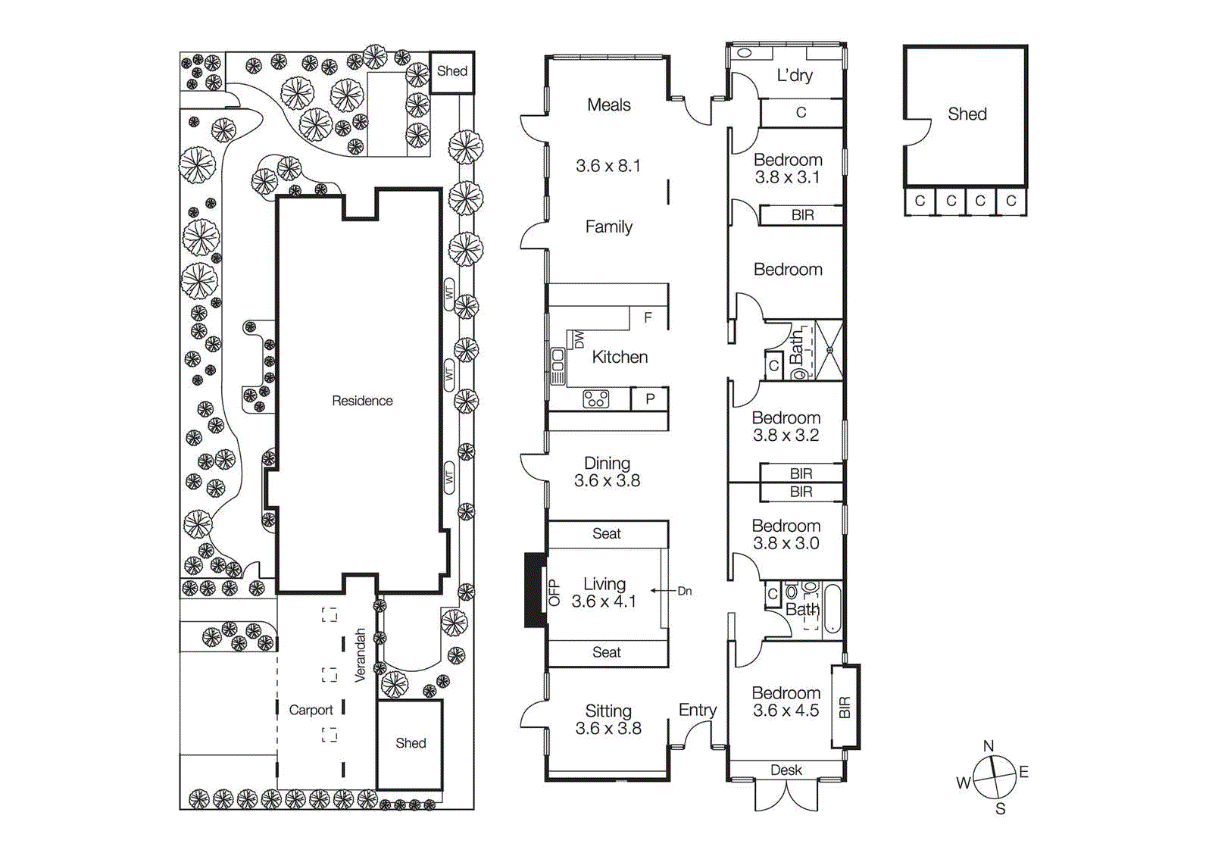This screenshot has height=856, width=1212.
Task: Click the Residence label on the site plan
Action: (362, 401)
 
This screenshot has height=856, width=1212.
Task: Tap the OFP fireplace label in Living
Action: (554, 592)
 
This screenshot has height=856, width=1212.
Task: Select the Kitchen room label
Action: (620, 357)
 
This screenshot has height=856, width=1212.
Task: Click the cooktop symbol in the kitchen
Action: (596, 398)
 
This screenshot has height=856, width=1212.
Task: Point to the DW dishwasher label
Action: (579, 339)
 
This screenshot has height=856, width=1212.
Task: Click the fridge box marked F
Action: (648, 317)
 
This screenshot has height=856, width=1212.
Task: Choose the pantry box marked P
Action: (650, 398)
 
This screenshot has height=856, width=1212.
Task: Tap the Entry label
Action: (697, 710)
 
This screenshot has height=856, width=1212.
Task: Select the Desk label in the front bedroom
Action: (786, 770)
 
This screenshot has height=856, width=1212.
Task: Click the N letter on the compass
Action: (989, 746)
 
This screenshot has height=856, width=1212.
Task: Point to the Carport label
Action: (311, 710)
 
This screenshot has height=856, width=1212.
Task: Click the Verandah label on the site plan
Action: (361, 654)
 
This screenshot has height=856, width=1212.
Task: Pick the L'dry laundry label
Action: (795, 75)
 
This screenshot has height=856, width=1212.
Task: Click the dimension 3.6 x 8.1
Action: (608, 165)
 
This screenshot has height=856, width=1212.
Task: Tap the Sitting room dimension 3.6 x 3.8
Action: (608, 728)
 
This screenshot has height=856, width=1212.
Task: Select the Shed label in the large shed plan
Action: (967, 114)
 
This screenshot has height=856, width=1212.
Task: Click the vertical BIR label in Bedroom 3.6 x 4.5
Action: (845, 707)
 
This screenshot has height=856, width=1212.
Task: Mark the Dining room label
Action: (607, 462)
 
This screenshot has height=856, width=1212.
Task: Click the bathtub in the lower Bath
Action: (832, 608)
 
